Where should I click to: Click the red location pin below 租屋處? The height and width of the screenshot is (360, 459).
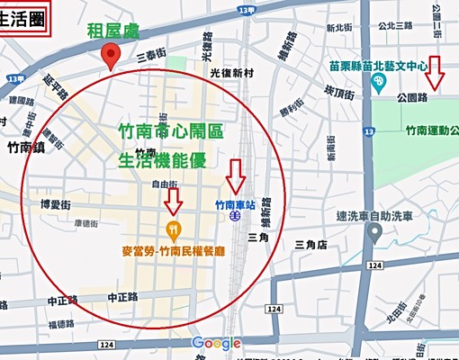[111, 58]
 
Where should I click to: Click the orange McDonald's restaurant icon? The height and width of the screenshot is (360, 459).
[174, 228]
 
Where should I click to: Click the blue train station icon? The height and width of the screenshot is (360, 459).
[233, 217]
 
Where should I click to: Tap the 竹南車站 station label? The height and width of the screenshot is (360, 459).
[235, 203]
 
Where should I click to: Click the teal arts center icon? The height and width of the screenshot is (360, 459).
[379, 81]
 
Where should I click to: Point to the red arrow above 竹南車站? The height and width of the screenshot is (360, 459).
[236, 175]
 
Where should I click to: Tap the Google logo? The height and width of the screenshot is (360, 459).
[216, 343]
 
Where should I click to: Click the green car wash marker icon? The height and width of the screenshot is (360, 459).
[379, 238]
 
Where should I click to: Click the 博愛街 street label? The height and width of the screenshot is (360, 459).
[55, 204]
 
